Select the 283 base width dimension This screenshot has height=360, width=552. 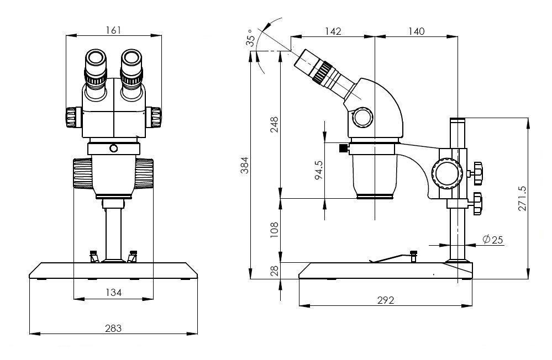pos(113,328)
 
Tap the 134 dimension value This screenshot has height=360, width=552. pos(113,292)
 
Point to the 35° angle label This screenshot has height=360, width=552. pos(251,38)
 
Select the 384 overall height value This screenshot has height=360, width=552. pos(245,165)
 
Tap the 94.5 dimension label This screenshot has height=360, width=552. pos(319,170)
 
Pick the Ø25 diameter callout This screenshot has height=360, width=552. pos(492,240)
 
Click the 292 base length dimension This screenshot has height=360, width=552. pos(386,300)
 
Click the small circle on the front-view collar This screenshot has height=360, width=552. pos(114,148)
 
